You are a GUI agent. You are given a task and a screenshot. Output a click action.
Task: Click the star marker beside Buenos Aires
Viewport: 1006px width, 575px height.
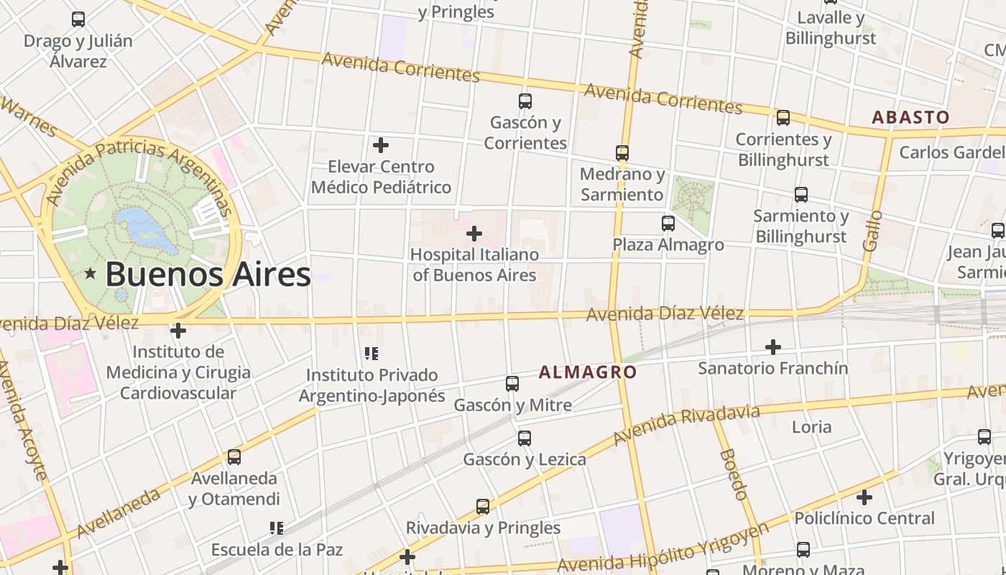tap(91, 274)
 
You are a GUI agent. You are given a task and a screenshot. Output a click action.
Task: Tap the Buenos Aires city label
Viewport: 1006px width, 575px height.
tap(208, 275)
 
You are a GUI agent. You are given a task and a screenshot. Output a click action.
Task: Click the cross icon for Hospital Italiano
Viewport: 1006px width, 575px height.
tap(474, 234)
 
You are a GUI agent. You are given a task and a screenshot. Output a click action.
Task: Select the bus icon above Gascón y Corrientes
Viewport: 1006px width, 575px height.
tap(525, 101)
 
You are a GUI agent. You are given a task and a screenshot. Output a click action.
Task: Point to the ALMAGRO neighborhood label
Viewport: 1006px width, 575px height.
tap(588, 372)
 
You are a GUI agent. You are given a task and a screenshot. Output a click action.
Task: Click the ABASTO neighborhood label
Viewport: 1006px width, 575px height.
tap(910, 117)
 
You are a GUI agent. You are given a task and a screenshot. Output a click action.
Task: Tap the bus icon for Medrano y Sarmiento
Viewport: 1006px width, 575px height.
tap(622, 153)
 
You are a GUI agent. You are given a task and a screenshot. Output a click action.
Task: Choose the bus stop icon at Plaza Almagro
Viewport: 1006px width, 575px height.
tap(668, 224)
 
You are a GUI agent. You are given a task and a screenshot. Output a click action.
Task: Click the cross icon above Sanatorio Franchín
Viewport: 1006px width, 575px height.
tap(773, 347)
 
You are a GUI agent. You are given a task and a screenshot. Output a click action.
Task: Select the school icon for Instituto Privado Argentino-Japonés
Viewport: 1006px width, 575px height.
tap(372, 353)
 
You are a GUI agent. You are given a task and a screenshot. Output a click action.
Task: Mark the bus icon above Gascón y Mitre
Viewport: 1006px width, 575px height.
tap(512, 384)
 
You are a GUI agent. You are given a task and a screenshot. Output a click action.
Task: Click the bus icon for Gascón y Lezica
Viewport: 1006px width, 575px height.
tap(525, 438)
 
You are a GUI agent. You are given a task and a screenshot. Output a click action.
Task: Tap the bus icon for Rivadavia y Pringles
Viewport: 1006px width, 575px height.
tap(483, 507)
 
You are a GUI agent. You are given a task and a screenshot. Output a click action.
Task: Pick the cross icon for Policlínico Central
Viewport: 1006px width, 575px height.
tap(864, 497)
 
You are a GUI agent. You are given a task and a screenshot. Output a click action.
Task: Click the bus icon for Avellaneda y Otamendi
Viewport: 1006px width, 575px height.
tap(234, 457)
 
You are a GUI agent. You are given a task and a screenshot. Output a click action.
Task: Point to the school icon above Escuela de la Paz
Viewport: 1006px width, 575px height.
tap(277, 528)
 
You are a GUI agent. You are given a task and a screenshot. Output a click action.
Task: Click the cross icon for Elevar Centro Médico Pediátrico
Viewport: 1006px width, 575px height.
tap(381, 145)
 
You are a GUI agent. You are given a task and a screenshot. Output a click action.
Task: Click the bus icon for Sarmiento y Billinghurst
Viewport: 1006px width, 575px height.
tap(801, 195)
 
